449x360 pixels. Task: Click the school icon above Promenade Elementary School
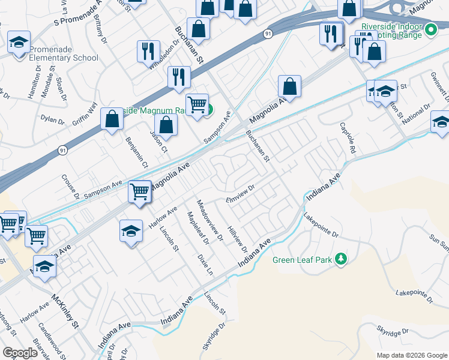click(19, 43)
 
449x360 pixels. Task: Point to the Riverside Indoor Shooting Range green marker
click(430, 29)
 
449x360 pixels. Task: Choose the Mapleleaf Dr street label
click(198, 229)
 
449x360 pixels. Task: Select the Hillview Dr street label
click(238, 238)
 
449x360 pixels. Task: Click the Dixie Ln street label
click(205, 264)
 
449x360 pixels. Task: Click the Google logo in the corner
click(20, 353)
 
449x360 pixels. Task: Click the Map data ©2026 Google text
click(412, 355)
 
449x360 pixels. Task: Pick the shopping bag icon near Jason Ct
click(166, 125)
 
